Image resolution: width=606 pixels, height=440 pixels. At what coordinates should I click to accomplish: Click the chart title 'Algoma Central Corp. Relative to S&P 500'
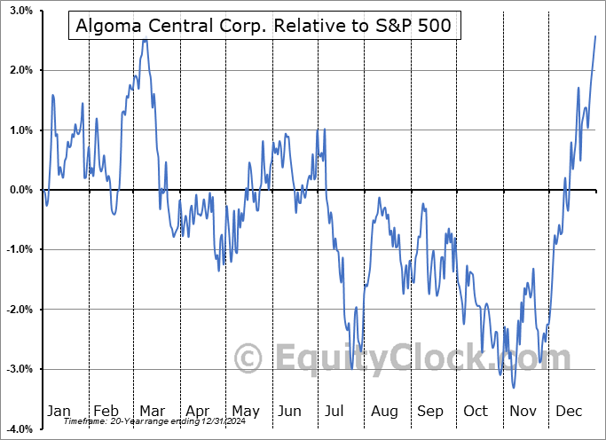click(x=264, y=27)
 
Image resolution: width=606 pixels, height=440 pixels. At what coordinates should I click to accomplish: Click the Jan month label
click(x=59, y=411)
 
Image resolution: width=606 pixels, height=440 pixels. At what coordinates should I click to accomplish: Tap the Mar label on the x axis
click(x=153, y=411)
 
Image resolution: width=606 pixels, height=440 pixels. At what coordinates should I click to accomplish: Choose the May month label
click(x=246, y=411)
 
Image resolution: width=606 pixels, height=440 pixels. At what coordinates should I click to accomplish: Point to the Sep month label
click(x=430, y=411)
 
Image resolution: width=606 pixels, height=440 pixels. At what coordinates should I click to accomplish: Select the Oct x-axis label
click(x=476, y=411)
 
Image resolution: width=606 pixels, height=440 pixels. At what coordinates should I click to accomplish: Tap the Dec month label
click(x=569, y=411)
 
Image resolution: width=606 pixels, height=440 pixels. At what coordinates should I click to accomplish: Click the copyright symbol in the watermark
click(x=248, y=357)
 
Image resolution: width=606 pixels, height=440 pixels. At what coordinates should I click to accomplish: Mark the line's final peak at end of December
click(x=595, y=35)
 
